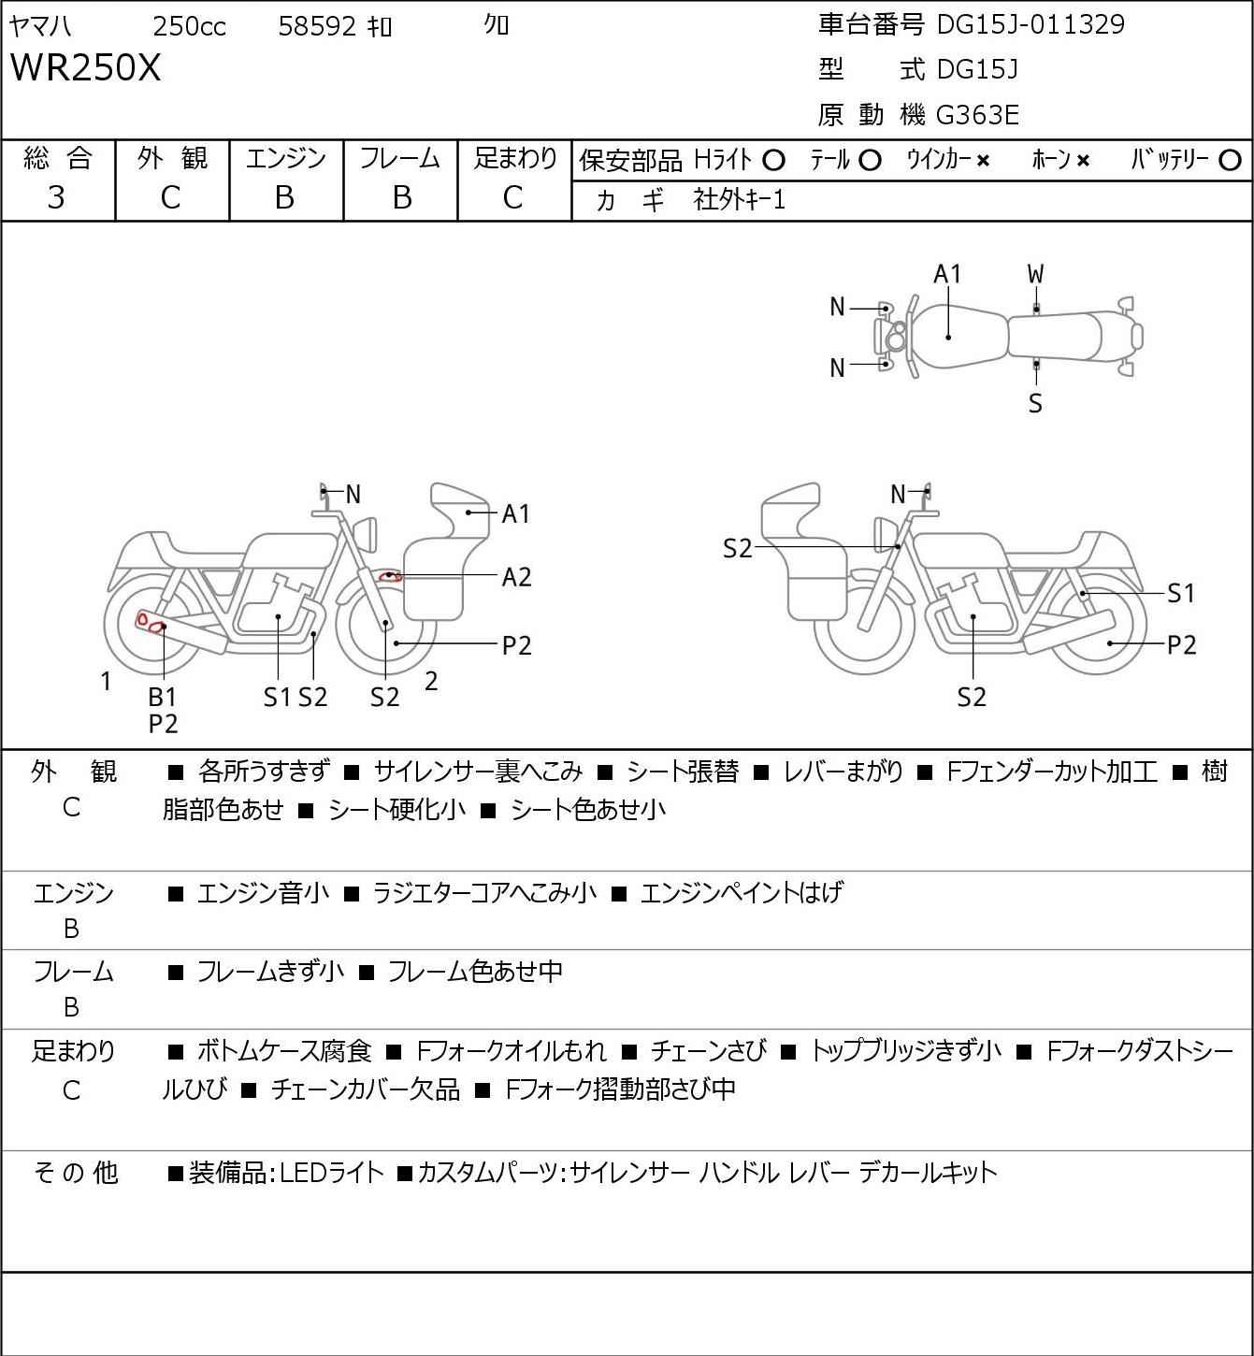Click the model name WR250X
(x=86, y=67)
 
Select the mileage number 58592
(x=317, y=26)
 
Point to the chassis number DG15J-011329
(x=1031, y=24)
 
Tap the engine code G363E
(x=977, y=115)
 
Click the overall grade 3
(x=56, y=198)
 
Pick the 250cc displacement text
(x=189, y=26)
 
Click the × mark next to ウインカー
(x=983, y=161)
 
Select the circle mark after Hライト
(x=773, y=161)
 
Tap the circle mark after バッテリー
(x=1230, y=161)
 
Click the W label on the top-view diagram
(x=1035, y=275)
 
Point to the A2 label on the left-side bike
(x=516, y=578)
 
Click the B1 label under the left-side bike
(x=163, y=697)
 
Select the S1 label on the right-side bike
(x=1181, y=593)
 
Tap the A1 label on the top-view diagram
(x=947, y=274)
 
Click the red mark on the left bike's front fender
(x=390, y=577)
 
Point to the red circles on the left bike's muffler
(x=151, y=623)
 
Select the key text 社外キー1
(x=739, y=200)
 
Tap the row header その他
(x=76, y=1173)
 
